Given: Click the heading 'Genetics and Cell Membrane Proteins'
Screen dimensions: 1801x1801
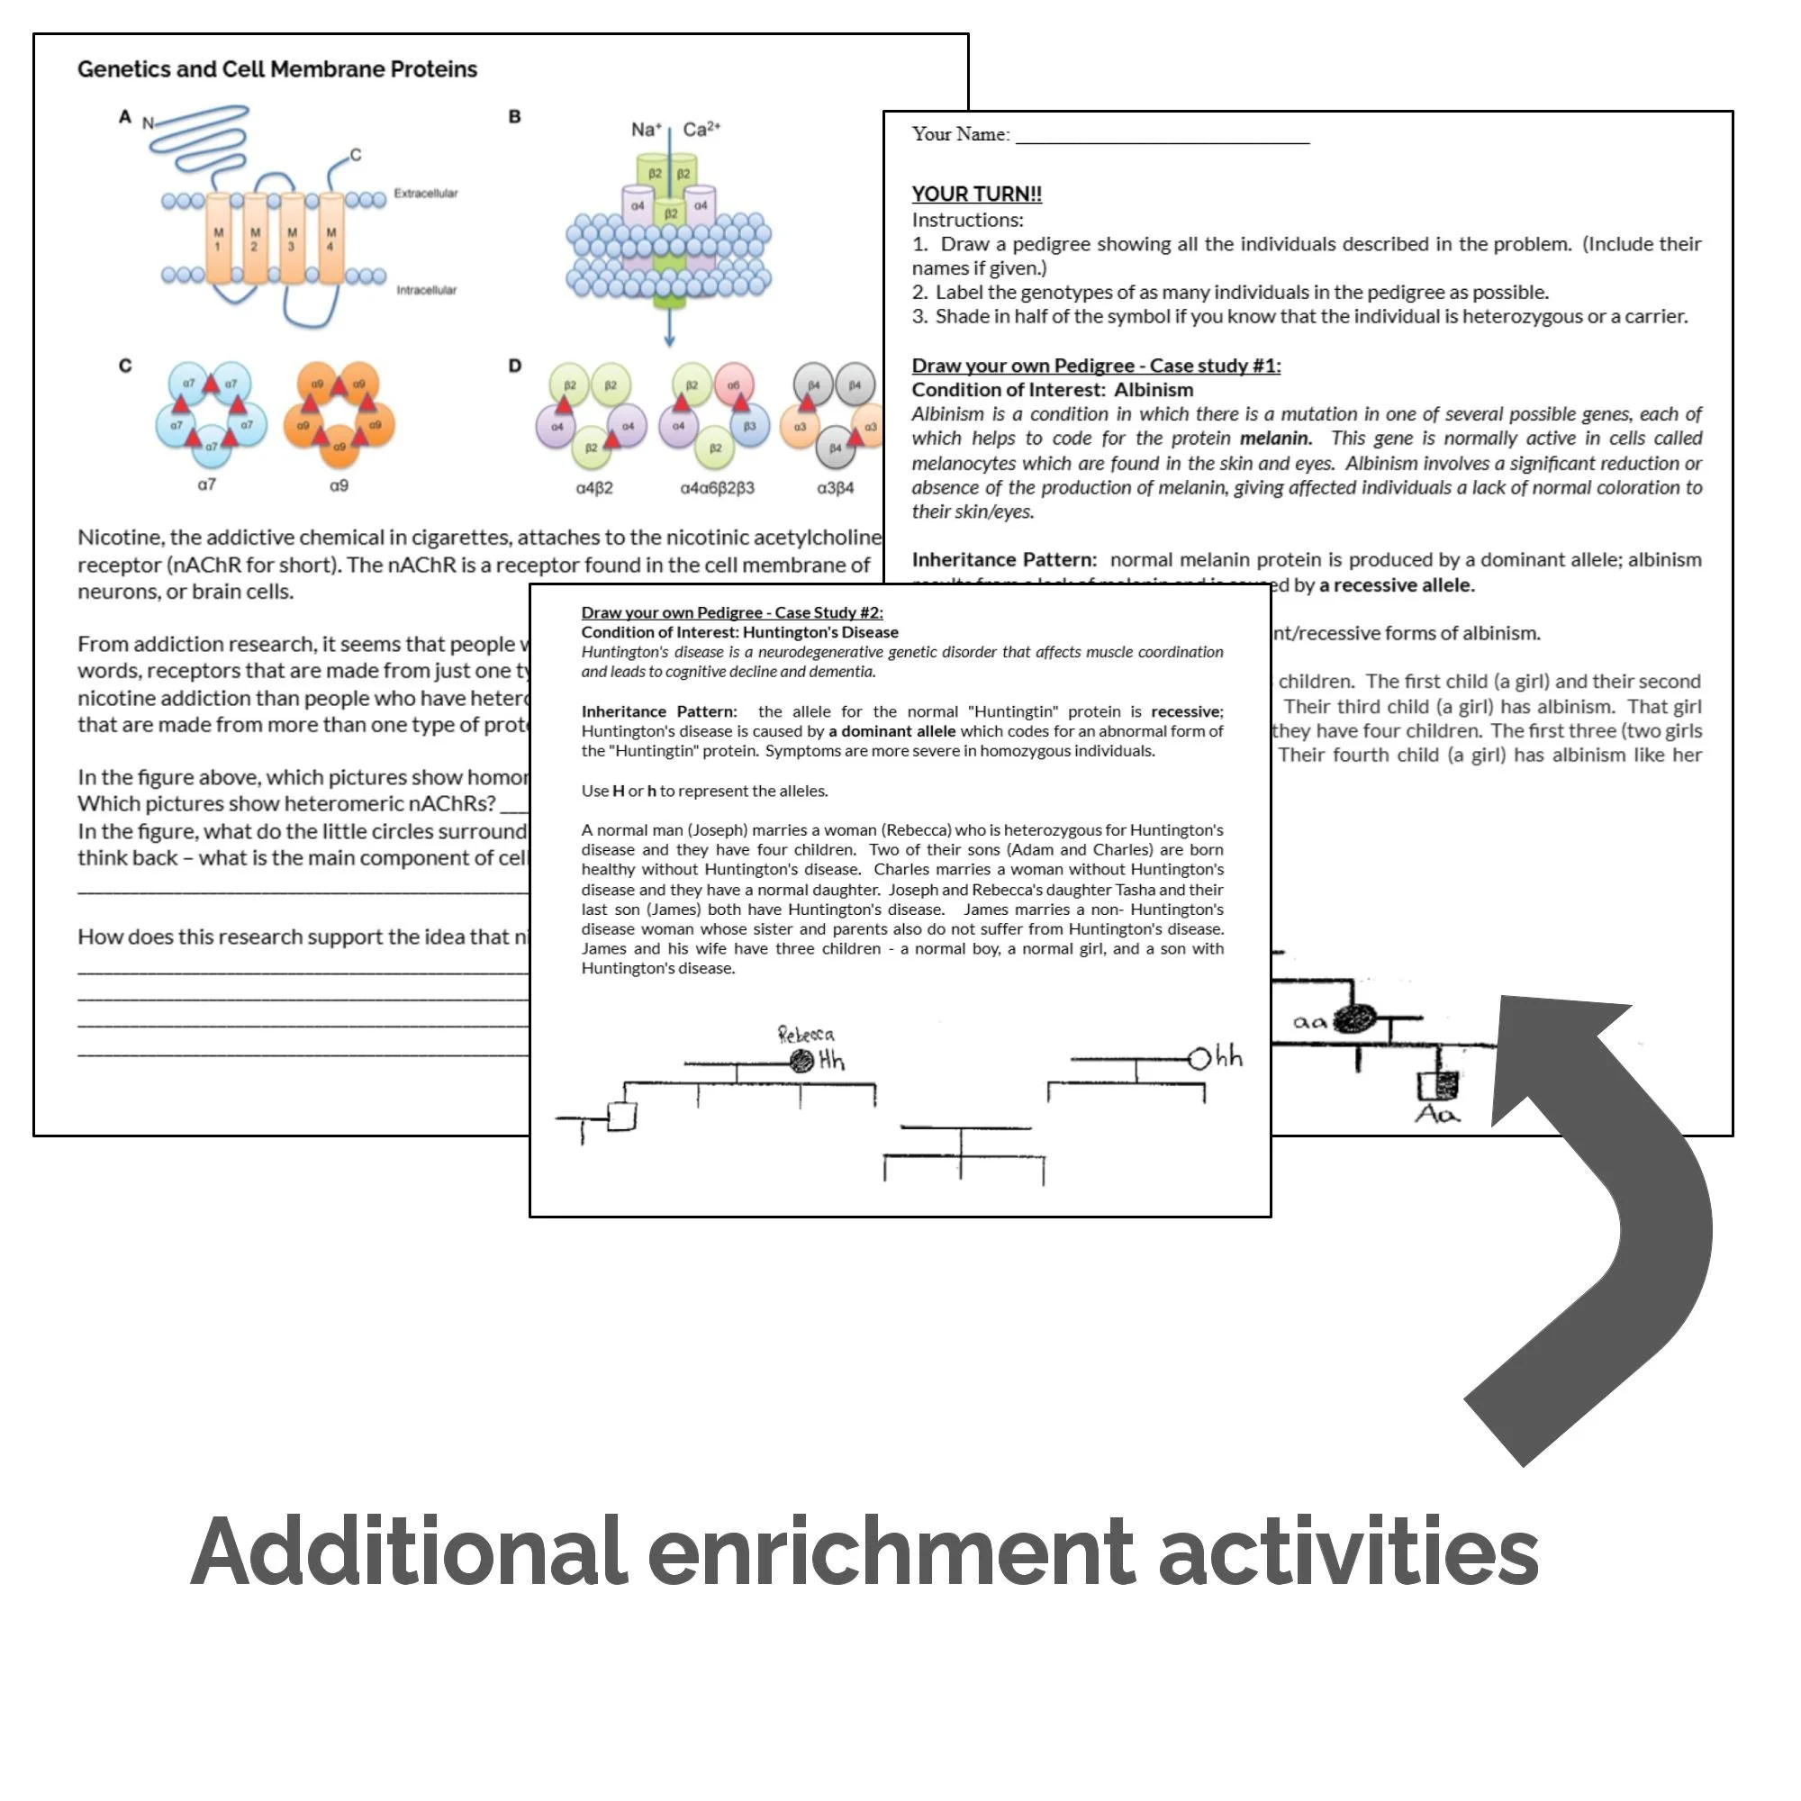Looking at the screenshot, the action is pyautogui.click(x=276, y=69).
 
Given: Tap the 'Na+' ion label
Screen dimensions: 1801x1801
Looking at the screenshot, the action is pyautogui.click(x=646, y=130).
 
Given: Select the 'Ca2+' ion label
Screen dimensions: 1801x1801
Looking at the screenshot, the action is pyautogui.click(x=701, y=129).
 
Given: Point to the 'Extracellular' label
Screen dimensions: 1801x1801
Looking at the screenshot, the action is pyautogui.click(x=425, y=193).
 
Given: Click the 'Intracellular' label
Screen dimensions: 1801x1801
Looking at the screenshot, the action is pyautogui.click(x=426, y=290).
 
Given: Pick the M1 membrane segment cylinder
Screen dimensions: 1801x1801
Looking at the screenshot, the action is pyautogui.click(x=218, y=239).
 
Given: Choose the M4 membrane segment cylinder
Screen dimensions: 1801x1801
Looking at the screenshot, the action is pyautogui.click(x=330, y=239).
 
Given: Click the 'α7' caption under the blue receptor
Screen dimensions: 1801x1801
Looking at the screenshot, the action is pyautogui.click(x=207, y=484).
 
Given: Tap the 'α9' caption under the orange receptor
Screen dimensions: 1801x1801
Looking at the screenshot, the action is pyautogui.click(x=339, y=484).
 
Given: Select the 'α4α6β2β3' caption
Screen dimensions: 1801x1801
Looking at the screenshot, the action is pyautogui.click(x=717, y=487).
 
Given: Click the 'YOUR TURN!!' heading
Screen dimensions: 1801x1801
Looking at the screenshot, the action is pyautogui.click(x=976, y=194).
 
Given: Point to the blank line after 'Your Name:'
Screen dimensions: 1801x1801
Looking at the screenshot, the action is pyautogui.click(x=1162, y=136).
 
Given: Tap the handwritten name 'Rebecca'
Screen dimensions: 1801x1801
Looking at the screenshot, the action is pyautogui.click(x=806, y=1034).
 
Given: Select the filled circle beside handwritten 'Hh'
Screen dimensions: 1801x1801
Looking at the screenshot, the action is pyautogui.click(x=801, y=1061).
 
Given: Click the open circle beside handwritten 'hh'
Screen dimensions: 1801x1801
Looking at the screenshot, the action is pyautogui.click(x=1199, y=1059).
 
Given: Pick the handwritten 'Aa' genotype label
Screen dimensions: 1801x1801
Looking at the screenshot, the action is pyautogui.click(x=1436, y=1114).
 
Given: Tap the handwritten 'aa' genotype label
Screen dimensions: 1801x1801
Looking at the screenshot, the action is pyautogui.click(x=1309, y=1023).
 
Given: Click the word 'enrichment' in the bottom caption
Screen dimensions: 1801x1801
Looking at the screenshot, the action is pyautogui.click(x=891, y=1552).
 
